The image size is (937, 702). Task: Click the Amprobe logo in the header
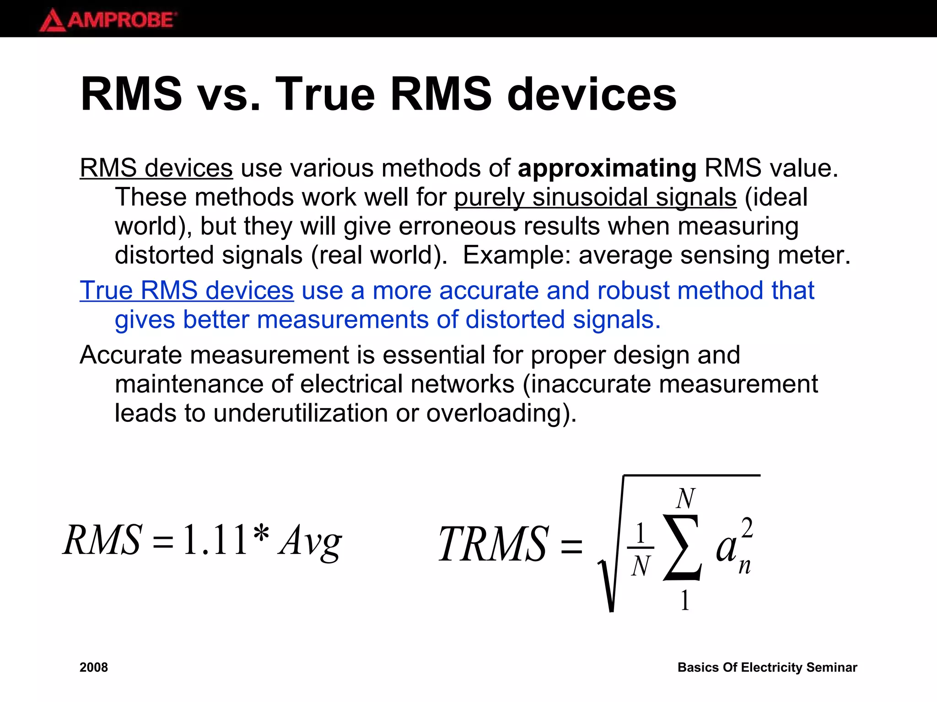pyautogui.click(x=108, y=20)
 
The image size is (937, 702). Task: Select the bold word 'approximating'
pyautogui.click(x=607, y=169)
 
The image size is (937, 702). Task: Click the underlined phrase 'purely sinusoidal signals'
pyautogui.click(x=595, y=197)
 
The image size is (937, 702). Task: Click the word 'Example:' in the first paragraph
pyautogui.click(x=517, y=255)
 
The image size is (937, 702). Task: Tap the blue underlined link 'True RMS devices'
pyautogui.click(x=187, y=291)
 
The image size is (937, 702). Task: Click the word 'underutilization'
pyautogui.click(x=301, y=413)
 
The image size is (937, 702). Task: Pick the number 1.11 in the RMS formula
pyautogui.click(x=215, y=540)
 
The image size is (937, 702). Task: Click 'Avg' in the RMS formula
pyautogui.click(x=310, y=542)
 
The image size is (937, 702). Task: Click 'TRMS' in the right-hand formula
pyautogui.click(x=493, y=544)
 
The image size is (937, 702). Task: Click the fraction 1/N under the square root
pyautogui.click(x=641, y=548)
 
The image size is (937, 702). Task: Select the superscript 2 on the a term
pyautogui.click(x=747, y=528)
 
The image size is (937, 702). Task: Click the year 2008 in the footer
pyautogui.click(x=94, y=668)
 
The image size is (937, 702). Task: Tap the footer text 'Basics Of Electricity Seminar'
pyautogui.click(x=767, y=668)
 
